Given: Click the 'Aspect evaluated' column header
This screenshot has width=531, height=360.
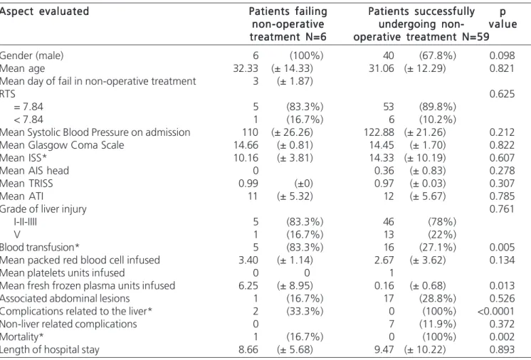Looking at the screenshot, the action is coord(44,11).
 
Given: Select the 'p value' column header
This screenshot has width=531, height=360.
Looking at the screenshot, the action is coord(503,18).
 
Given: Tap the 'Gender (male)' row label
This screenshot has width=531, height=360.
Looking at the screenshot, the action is coord(31,55).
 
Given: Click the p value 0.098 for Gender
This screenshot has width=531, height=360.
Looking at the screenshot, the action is coord(502,55).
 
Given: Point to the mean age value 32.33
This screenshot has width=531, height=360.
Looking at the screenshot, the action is coord(246,68).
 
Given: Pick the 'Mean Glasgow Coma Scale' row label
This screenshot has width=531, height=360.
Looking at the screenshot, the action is coord(62,145).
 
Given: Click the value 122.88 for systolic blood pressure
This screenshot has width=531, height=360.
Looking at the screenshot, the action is coord(379,132).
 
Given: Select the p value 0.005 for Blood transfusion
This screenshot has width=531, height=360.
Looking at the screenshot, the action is coord(502,248).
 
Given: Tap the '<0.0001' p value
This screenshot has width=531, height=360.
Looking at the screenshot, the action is coord(496,312).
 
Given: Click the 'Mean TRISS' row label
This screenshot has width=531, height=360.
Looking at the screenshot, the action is coord(26,184).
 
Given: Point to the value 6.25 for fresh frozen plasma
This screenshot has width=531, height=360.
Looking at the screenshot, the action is coord(248,285).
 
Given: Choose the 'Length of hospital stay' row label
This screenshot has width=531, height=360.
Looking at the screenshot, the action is coord(49,349).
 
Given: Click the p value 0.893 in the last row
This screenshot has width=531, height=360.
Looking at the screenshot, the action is coord(502,349).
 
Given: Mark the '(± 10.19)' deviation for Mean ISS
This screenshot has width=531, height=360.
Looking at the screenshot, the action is coord(425,158).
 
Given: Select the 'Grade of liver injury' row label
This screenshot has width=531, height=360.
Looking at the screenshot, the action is coord(43,209).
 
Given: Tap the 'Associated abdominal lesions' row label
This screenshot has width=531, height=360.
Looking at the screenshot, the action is coord(65,298).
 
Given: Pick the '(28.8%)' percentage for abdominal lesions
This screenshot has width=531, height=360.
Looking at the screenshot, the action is coord(438,298).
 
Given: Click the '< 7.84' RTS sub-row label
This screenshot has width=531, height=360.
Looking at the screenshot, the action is coord(28,120).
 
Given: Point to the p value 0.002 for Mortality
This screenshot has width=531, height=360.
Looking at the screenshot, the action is coord(502,337).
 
